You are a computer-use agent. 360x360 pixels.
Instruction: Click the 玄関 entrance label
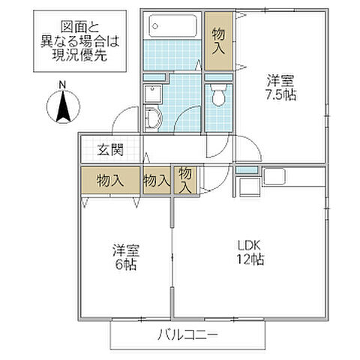click(110, 149)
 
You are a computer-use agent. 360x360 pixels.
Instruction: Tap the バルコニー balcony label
click(187, 334)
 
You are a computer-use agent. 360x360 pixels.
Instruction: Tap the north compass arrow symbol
click(63, 105)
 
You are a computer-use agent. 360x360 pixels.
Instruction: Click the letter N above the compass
click(63, 83)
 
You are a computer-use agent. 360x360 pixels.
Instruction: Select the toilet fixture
click(219, 96)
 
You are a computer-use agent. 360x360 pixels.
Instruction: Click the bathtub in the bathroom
click(172, 27)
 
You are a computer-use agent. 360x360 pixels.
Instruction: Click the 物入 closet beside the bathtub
click(220, 41)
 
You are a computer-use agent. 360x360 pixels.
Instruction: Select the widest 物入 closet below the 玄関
click(110, 181)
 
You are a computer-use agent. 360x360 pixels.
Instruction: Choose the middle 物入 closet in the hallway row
click(156, 181)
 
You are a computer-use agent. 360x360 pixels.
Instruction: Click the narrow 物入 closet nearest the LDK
click(185, 181)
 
